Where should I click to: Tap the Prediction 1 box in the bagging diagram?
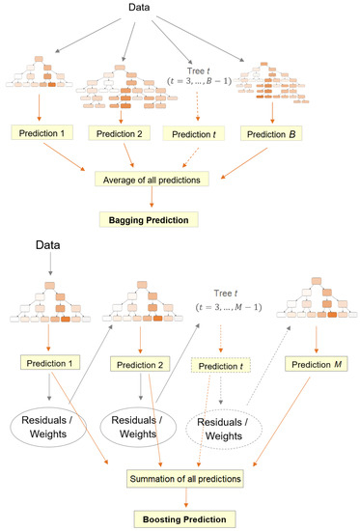click(x=42, y=130)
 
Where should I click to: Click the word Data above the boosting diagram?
click(x=43, y=245)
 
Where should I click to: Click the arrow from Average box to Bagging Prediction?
click(x=152, y=199)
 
